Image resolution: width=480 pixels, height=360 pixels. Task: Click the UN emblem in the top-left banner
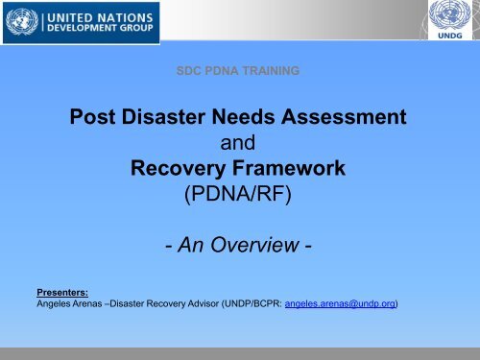tap(24, 22)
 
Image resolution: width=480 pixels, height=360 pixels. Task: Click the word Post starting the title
tap(98, 121)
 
